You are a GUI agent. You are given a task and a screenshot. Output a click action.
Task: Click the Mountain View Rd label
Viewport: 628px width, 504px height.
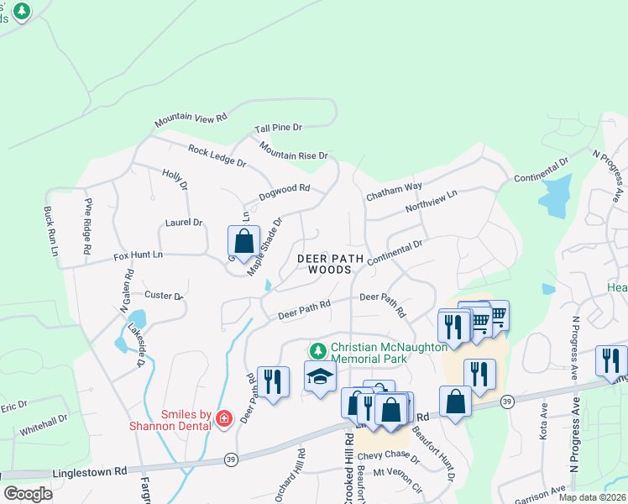click(191, 121)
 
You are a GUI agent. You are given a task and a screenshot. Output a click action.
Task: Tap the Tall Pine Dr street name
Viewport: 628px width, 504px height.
click(278, 128)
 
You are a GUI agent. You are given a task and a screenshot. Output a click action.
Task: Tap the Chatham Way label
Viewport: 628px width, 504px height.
click(393, 192)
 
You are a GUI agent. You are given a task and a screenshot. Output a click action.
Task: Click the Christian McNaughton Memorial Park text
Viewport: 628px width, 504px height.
click(369, 353)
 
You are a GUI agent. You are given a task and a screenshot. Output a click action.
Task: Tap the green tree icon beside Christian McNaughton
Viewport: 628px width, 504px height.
click(317, 349)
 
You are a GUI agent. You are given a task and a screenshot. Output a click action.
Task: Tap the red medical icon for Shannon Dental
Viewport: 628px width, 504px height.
click(223, 418)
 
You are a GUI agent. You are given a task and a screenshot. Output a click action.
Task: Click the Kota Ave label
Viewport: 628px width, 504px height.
click(543, 420)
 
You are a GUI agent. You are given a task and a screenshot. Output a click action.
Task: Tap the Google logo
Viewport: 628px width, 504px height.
click(28, 494)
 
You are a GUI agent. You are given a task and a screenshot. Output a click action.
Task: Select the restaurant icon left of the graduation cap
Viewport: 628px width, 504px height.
click(273, 381)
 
